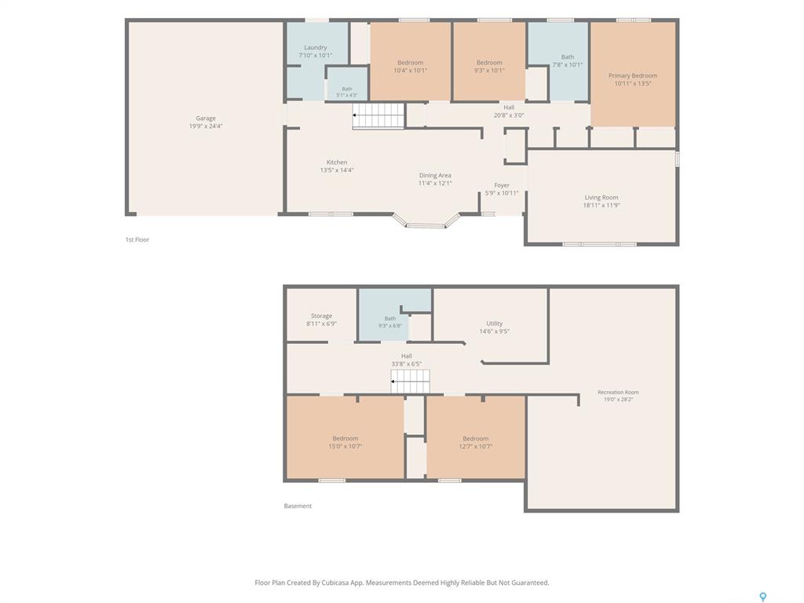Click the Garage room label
coord(206,118)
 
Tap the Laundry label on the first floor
coord(316,47)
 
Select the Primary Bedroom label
coord(633,75)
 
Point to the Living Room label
coord(601,197)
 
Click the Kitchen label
coord(337,162)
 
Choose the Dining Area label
coord(435,175)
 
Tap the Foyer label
coord(502,185)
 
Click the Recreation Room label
coord(619,393)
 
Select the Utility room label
coord(495,323)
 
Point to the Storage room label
coord(321,316)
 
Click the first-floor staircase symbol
coord(379,116)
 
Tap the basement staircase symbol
coord(410,382)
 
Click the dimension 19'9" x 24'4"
coord(206,126)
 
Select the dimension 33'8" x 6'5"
coord(407,364)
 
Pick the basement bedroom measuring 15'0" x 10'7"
coord(345,438)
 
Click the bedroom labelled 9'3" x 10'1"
coord(489,63)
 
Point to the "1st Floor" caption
coord(137,239)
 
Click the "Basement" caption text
coord(298,506)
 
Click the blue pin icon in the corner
coord(763,597)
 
